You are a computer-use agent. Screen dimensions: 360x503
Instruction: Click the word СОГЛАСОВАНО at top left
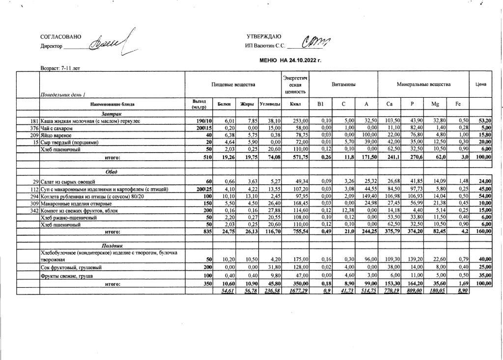(x=61, y=37)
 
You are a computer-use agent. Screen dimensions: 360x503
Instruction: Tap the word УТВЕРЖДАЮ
(x=264, y=37)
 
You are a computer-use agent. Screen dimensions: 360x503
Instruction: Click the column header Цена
(x=481, y=84)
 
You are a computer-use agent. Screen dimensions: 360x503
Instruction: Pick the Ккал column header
(x=295, y=104)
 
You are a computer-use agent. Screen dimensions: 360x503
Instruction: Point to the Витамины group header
(x=344, y=84)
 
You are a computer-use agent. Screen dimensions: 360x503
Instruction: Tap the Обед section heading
(x=112, y=172)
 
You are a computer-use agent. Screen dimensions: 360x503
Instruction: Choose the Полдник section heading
(x=112, y=245)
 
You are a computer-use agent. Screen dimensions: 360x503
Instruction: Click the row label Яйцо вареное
(x=56, y=135)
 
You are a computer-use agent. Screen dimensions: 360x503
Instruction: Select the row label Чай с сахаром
(x=57, y=128)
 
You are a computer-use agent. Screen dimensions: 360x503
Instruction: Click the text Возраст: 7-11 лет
(x=60, y=68)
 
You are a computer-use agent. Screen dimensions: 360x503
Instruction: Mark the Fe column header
(x=458, y=104)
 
